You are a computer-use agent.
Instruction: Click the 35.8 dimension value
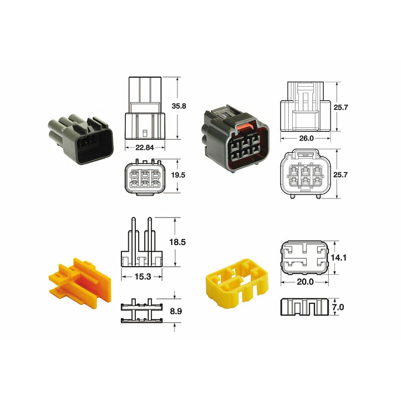179,106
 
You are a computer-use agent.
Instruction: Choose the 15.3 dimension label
142,276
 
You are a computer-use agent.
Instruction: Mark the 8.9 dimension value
176,311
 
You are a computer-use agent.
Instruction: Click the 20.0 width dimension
305,282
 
